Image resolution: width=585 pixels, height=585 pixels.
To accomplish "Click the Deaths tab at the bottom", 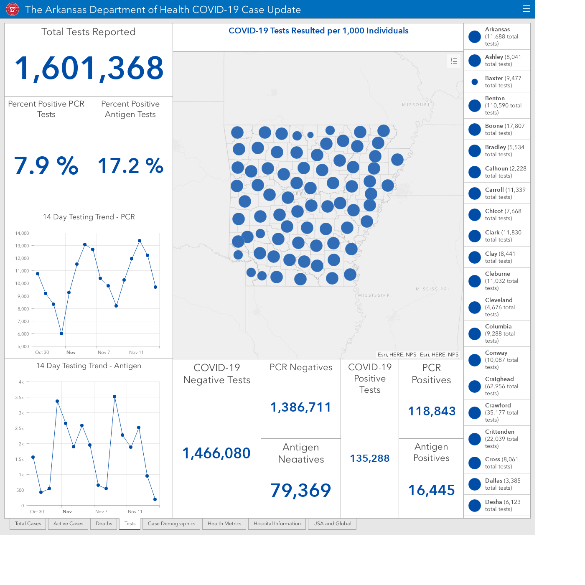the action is tap(104, 524).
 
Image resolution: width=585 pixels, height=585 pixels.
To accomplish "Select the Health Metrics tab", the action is tap(224, 524).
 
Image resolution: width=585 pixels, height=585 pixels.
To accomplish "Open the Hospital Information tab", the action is tap(277, 524).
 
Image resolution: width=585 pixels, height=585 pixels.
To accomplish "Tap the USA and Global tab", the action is tap(332, 524).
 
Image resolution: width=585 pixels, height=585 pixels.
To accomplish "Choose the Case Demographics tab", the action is tap(171, 524).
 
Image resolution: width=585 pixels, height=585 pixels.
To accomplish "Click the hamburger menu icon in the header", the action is tap(526, 9).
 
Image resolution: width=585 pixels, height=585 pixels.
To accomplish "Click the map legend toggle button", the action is tap(454, 61).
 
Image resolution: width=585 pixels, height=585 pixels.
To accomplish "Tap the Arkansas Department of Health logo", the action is tap(13, 10).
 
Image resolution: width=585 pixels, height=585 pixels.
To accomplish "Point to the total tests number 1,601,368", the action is tap(89, 68).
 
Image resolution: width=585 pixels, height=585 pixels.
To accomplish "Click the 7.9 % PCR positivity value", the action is tap(46, 165).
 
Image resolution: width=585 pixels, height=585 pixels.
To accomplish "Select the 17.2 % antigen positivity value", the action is tap(130, 165).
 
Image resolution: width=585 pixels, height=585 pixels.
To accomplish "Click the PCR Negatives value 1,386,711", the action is tap(300, 407).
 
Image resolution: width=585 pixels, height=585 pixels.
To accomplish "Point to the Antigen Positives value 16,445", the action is tap(431, 490).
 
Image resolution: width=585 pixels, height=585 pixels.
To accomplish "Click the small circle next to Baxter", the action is tap(475, 81).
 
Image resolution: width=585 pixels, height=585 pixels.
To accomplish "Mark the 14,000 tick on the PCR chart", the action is tap(22, 233).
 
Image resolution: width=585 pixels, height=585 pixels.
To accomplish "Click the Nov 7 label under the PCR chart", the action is tap(104, 352).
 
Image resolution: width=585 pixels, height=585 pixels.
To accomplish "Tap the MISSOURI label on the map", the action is tap(416, 105).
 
